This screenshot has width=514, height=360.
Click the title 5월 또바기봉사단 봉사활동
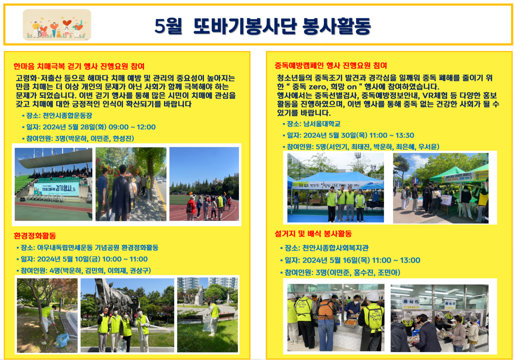coord(263,26)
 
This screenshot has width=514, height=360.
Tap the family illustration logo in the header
coord(57,25)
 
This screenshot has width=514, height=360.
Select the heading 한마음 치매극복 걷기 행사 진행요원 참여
coord(79,66)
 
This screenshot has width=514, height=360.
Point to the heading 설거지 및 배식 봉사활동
coord(313,234)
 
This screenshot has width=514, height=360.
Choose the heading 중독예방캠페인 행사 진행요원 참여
coord(331,66)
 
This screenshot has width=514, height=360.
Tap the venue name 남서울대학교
coord(322,124)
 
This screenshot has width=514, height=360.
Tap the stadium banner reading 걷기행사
coord(56,188)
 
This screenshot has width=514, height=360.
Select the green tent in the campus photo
coord(447,174)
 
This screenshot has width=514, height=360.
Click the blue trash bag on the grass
coord(62,340)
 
